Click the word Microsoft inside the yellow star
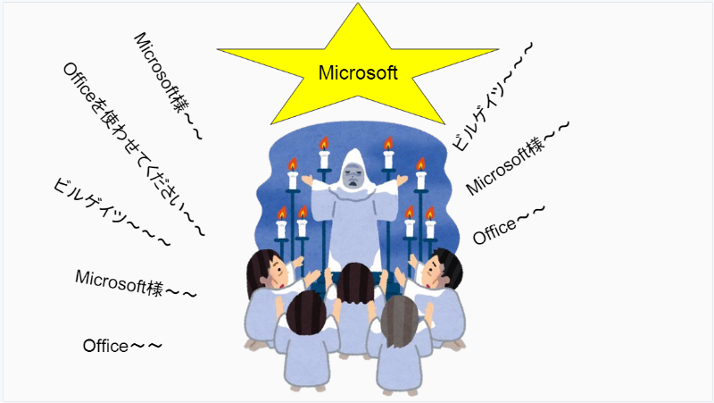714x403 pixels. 358,73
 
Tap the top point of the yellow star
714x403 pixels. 358,4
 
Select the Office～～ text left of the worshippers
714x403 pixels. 122,346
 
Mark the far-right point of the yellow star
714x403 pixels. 497,49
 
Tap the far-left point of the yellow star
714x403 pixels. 218,49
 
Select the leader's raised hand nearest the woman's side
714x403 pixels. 308,181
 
